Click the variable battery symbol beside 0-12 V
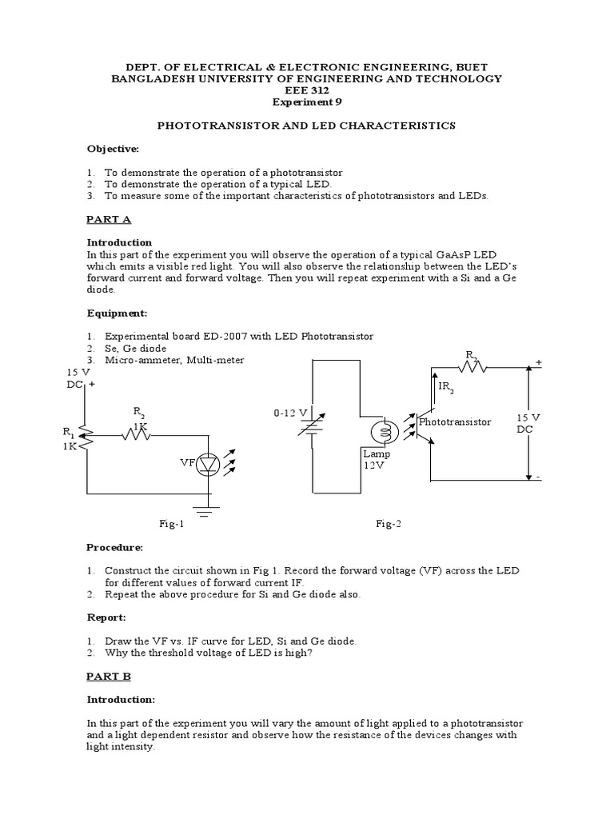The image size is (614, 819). (310, 430)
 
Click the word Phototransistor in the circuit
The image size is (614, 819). (455, 421)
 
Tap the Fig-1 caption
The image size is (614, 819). (171, 523)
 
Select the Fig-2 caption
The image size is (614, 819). (389, 523)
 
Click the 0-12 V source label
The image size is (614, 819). (289, 413)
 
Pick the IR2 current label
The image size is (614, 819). (446, 388)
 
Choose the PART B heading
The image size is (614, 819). (109, 676)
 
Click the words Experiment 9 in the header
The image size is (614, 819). (306, 102)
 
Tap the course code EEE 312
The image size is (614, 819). (306, 90)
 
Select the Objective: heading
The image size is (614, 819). (113, 149)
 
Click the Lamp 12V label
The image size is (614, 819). (376, 459)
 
